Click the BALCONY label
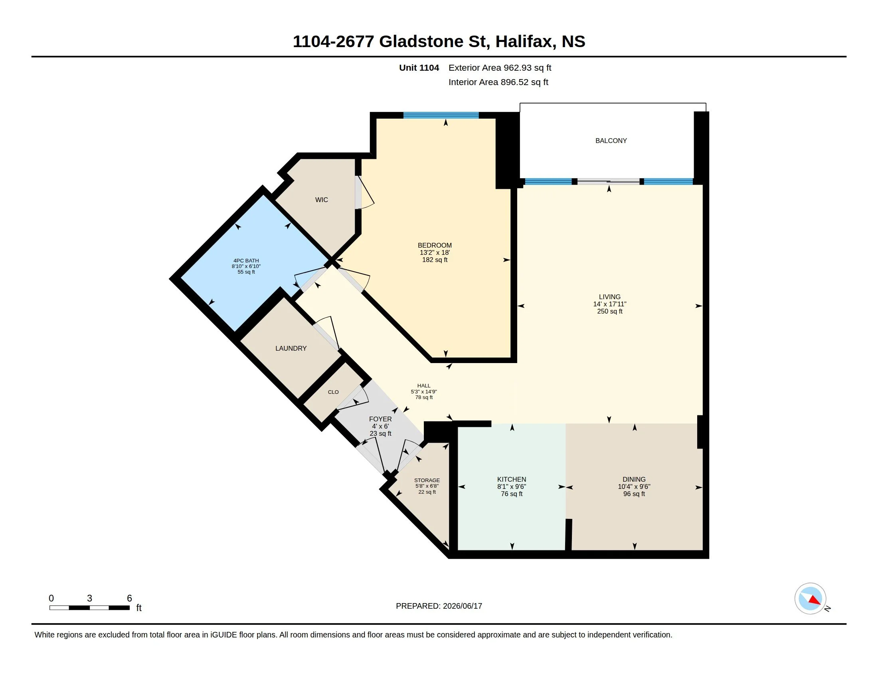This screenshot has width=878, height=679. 611,141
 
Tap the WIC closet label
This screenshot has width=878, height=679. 321,200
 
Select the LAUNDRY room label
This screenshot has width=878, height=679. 291,348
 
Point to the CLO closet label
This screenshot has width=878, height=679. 333,392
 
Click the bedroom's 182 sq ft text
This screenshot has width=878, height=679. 435,260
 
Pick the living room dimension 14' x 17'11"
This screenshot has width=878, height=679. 609,304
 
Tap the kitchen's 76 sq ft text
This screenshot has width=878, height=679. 511,494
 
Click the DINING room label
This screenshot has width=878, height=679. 634,479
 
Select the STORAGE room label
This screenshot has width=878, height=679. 427,480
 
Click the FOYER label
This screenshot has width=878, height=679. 380,419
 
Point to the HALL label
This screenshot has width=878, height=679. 424,386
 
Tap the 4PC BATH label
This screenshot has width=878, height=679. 246,261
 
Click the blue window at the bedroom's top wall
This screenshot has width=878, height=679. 441,115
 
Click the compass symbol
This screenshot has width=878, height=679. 810,599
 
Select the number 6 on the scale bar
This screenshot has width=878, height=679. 129,598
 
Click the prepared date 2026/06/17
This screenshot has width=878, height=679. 462,606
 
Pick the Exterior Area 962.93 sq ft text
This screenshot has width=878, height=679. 500,68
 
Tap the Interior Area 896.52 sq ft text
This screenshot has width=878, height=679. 498,82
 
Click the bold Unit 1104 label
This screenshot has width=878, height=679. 419,68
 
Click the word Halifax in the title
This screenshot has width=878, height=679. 524,42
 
